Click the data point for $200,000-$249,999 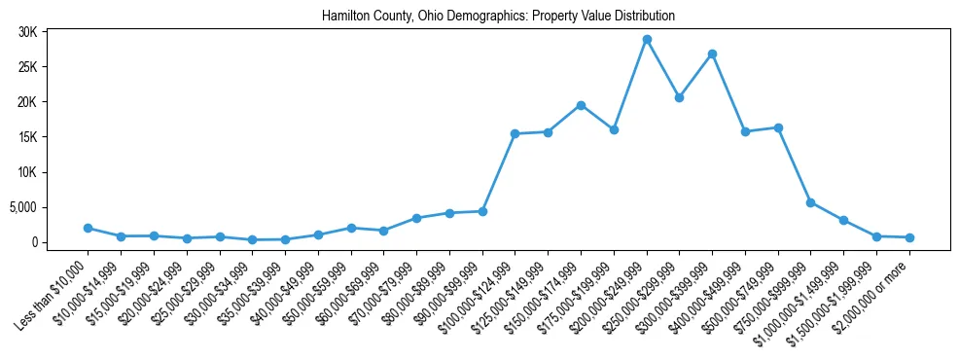647,39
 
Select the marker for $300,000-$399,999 712,54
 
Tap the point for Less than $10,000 88,228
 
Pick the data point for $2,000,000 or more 909,237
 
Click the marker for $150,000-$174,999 581,105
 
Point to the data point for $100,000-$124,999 515,133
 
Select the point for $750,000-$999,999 811,202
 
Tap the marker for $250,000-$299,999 679,97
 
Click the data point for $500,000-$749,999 778,127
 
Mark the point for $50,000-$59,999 351,228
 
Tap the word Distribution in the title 642,17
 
